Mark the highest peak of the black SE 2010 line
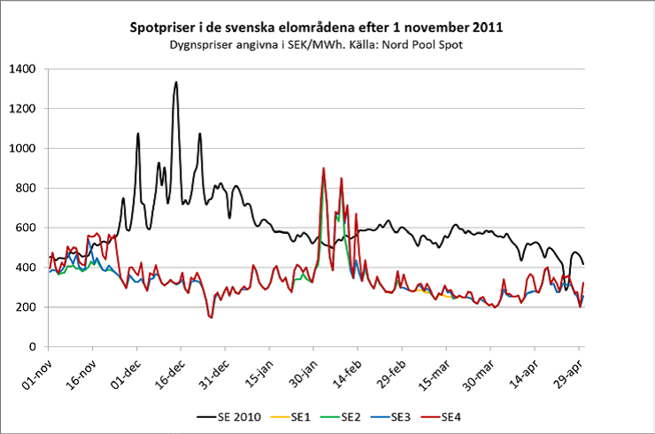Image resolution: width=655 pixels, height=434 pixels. point(176,82)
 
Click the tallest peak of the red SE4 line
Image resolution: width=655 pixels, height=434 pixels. point(323,168)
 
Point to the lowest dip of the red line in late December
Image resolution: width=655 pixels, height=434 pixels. point(211,317)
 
